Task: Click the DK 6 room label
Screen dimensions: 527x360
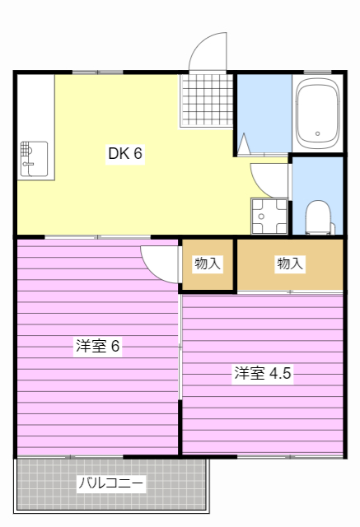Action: [125, 153]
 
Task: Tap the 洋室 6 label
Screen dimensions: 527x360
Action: [98, 346]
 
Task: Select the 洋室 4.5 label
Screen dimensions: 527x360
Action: [262, 373]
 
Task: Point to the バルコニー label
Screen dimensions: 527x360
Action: [111, 483]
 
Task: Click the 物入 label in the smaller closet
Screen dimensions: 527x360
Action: [207, 263]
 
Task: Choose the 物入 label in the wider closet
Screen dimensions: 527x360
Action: [290, 263]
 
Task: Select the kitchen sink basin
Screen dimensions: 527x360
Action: [34, 157]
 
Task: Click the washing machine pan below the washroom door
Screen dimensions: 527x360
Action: [269, 217]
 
